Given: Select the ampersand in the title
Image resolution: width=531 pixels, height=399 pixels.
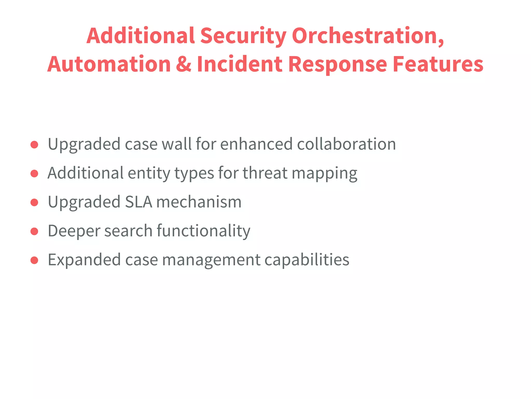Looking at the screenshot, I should click(x=184, y=64).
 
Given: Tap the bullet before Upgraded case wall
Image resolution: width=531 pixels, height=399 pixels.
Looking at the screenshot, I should click(x=34, y=144).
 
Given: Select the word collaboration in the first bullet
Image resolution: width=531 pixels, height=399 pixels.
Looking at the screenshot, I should click(x=346, y=144).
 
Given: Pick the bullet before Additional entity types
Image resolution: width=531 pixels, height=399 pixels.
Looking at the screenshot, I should click(x=34, y=173).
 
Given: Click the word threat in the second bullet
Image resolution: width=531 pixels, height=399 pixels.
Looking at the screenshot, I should click(x=265, y=173).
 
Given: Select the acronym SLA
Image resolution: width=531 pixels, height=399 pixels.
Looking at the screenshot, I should click(x=138, y=202).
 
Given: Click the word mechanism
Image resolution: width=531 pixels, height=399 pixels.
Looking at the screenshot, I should click(x=199, y=202).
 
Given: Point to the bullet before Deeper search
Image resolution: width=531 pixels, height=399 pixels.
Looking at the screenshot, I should click(x=34, y=231).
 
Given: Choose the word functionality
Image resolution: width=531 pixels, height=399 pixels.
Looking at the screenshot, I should click(x=204, y=231).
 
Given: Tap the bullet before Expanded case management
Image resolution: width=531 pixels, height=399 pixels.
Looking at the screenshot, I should click(x=34, y=260).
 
